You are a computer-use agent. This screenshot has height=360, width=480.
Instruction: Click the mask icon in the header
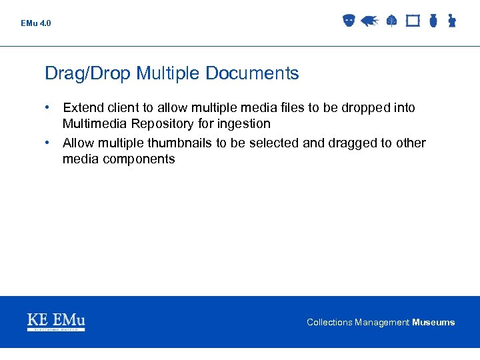(348, 21)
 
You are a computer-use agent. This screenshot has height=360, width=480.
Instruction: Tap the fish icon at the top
(369, 21)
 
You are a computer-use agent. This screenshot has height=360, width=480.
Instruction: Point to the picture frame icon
(413, 21)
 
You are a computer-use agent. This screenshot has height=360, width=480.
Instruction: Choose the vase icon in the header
(433, 21)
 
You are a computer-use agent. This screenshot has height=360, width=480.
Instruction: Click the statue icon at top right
(451, 21)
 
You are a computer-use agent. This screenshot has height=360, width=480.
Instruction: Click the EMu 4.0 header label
(35, 23)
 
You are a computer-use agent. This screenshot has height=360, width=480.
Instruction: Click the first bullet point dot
(49, 107)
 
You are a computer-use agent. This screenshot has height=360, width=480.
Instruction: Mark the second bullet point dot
(49, 143)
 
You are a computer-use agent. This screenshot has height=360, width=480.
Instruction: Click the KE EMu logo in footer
(56, 322)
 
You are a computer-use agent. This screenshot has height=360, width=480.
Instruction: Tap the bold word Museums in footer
(433, 322)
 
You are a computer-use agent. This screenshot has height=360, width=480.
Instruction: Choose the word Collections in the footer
(329, 322)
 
